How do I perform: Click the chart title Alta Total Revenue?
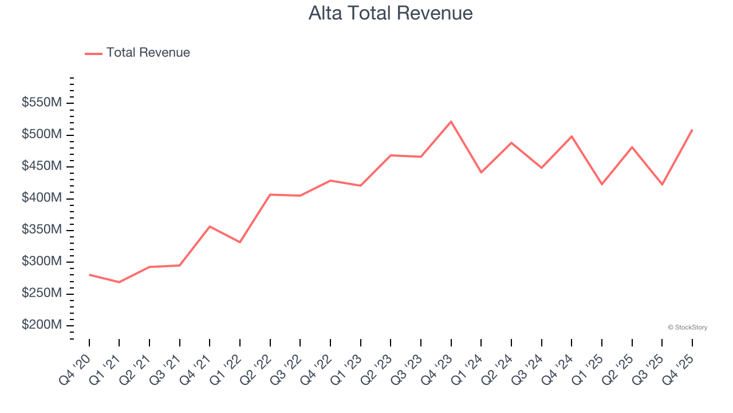click(391, 13)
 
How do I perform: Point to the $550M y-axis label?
click(42, 103)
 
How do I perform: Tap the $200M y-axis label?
click(42, 325)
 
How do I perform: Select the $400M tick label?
click(42, 198)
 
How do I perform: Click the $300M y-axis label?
click(42, 262)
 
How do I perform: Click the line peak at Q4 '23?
click(451, 122)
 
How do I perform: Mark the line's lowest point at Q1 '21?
click(119, 282)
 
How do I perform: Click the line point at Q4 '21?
click(210, 227)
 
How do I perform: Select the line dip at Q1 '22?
click(240, 242)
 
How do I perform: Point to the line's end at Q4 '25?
click(692, 130)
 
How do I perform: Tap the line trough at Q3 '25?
click(662, 185)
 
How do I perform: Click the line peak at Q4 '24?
click(572, 137)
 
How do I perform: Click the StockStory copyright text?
click(687, 328)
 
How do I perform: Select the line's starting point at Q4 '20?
click(89, 275)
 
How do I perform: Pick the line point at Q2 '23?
click(391, 155)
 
